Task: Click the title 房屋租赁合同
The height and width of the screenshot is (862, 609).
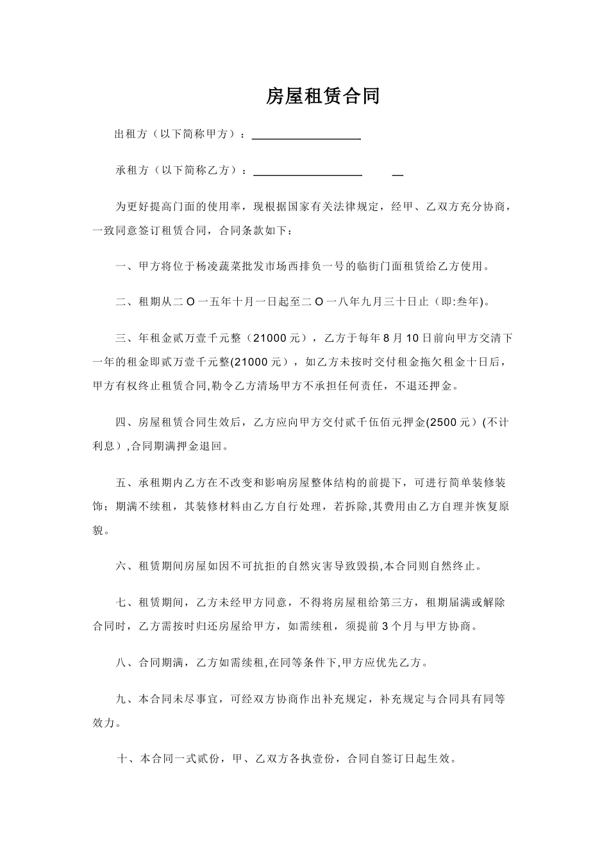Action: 323,96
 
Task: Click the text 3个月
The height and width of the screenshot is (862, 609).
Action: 399,626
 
